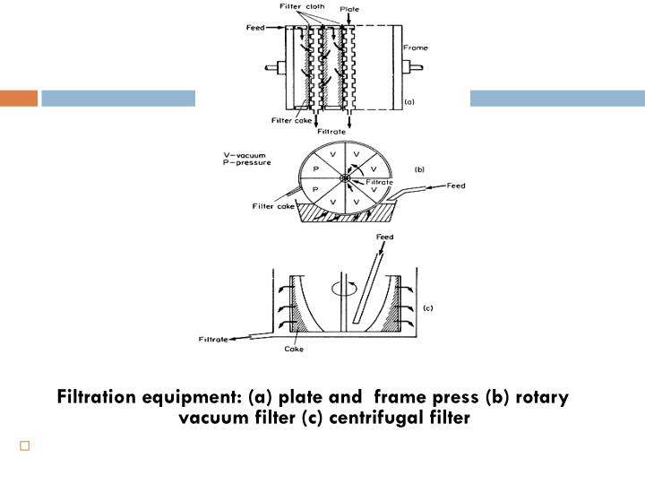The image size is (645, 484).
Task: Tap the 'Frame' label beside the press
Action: (x=416, y=47)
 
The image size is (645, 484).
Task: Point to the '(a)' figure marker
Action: (x=410, y=103)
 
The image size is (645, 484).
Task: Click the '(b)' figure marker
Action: (x=418, y=168)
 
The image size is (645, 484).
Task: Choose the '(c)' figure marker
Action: (x=427, y=308)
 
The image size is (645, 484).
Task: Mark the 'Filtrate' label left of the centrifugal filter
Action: (x=213, y=340)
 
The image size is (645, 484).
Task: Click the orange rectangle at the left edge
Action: (x=18, y=98)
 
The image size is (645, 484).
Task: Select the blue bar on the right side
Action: (x=557, y=98)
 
